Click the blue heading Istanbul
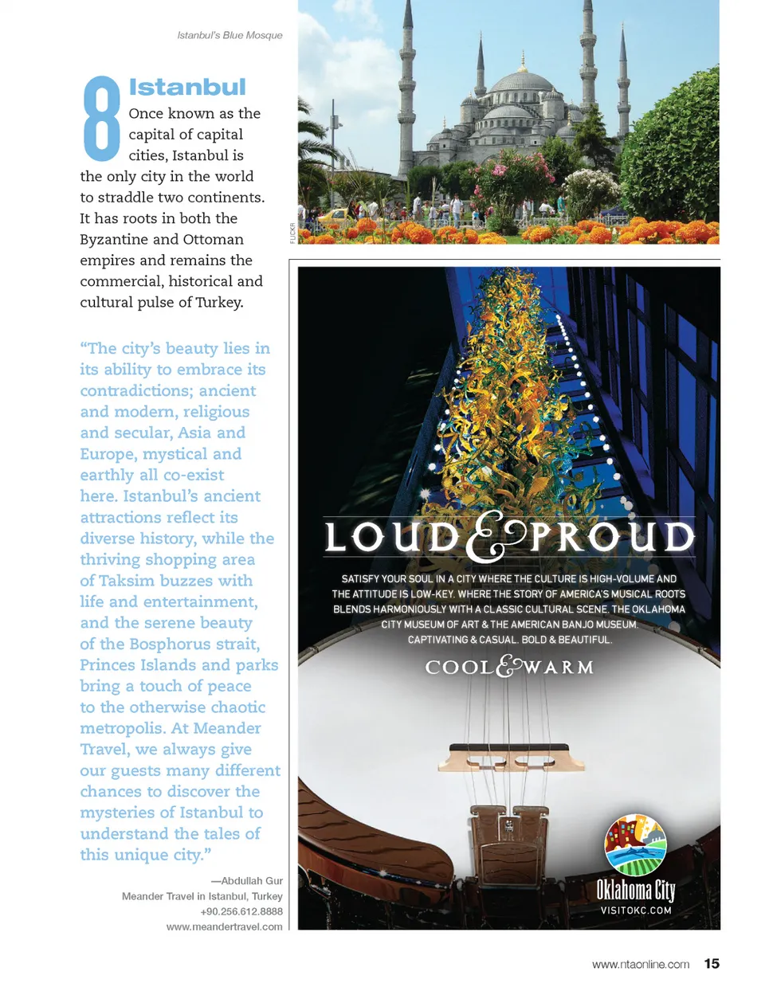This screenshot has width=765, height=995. tap(187, 87)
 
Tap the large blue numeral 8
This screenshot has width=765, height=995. tap(101, 117)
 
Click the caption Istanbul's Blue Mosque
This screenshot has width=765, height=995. tap(229, 35)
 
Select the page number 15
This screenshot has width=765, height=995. tap(712, 964)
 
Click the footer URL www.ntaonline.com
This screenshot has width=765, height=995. tap(640, 965)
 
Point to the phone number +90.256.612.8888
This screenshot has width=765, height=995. tap(241, 911)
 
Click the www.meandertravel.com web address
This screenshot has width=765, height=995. tap(224, 926)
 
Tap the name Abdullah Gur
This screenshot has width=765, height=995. tap(252, 881)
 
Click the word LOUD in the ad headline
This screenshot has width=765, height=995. tap(392, 537)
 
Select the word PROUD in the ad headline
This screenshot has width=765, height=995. tap(612, 537)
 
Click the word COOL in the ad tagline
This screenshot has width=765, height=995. tap(460, 667)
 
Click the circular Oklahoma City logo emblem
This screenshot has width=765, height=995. tap(635, 844)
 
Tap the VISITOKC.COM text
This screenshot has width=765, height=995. tap(636, 911)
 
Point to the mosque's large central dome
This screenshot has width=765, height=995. tap(521, 83)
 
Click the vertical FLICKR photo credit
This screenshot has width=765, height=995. tap(292, 233)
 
